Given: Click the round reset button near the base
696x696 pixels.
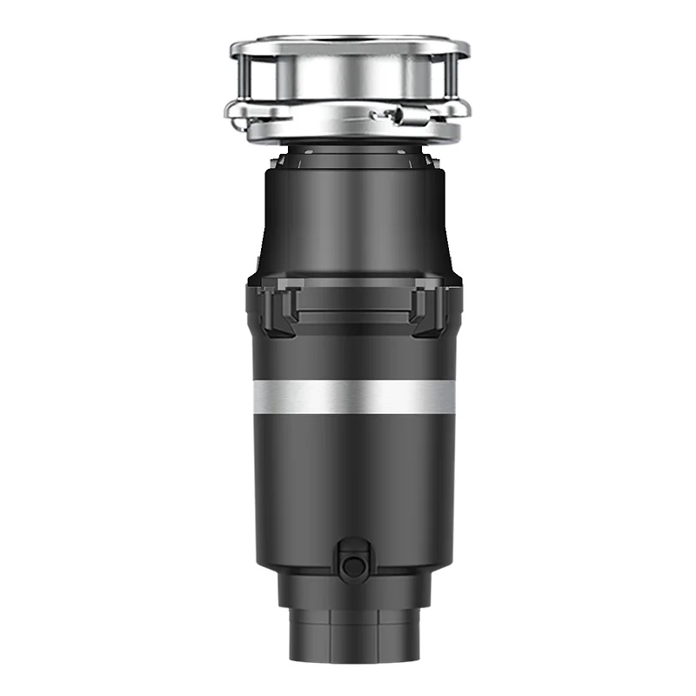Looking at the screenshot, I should click(x=353, y=566).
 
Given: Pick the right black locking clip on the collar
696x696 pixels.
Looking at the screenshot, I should click(x=428, y=309).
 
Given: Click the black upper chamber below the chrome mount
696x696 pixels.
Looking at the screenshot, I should click(x=353, y=217).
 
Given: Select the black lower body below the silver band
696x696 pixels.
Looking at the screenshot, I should click(x=353, y=478).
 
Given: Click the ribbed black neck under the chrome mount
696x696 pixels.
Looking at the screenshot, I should click(x=353, y=157).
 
